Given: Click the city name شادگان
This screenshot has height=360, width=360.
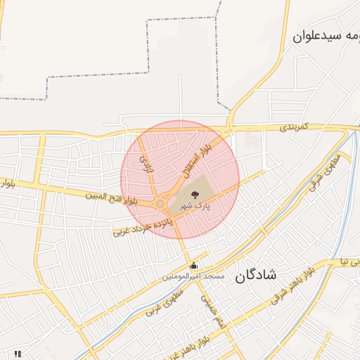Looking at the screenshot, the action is (x=257, y=274).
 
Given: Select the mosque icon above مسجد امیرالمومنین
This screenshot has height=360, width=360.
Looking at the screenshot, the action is (x=194, y=265).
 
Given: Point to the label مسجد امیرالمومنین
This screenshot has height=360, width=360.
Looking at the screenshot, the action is (x=193, y=277).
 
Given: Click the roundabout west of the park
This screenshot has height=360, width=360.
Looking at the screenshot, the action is (x=161, y=203).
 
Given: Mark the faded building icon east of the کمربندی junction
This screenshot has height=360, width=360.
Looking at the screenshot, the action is (x=251, y=141).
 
